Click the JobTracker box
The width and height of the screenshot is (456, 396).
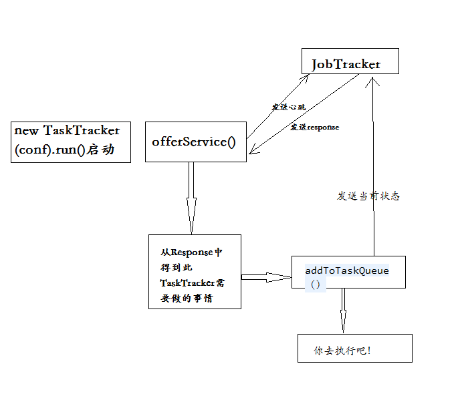point(350,61)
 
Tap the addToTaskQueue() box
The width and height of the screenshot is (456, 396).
point(348,271)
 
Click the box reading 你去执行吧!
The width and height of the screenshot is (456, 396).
point(354,349)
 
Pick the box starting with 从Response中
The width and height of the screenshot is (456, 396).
point(195,272)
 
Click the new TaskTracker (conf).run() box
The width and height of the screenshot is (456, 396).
point(70,142)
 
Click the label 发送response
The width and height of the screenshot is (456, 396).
point(314,127)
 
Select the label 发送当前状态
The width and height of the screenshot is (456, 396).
point(368,196)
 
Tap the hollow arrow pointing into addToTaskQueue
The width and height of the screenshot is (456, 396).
point(266,276)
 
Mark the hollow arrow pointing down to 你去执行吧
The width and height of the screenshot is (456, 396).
point(342,311)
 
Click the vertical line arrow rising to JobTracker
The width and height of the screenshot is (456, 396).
point(374,167)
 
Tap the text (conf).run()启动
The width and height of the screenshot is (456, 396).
point(63,150)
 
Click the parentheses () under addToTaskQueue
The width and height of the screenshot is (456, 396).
point(315,284)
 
